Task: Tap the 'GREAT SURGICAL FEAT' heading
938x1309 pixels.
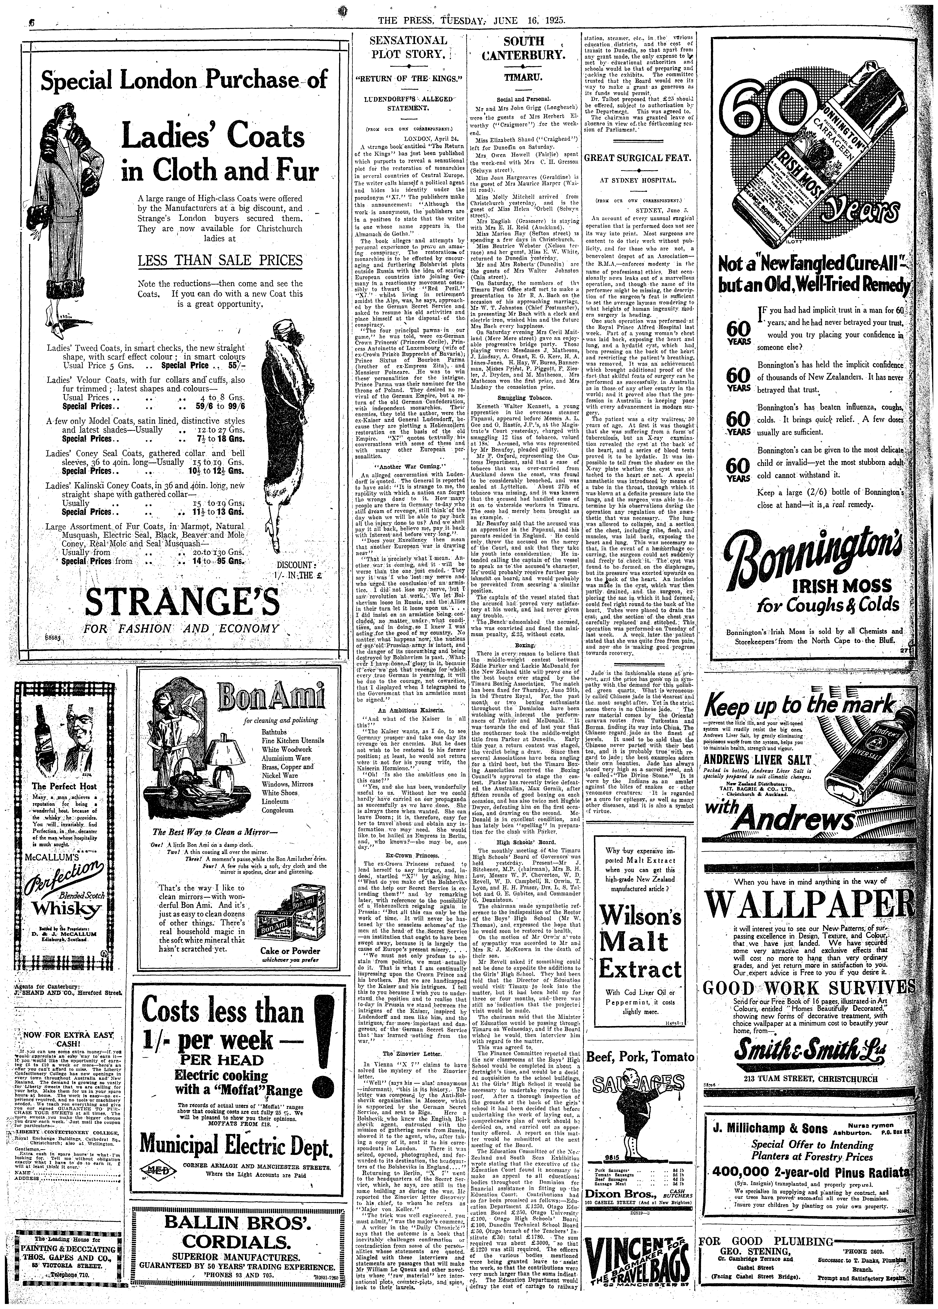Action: click(641, 157)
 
